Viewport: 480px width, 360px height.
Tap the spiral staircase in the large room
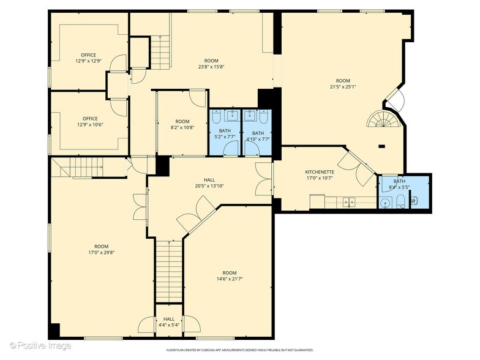click(384, 119)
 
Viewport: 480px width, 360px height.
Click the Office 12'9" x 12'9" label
click(89, 58)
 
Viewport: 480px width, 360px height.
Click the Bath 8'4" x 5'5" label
click(399, 184)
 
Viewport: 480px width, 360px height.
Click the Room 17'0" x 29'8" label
click(102, 250)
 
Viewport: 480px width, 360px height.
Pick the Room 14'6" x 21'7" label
click(229, 276)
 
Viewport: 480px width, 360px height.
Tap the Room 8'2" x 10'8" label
click(182, 125)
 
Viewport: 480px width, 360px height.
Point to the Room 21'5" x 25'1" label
click(343, 84)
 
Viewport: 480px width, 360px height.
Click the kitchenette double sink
click(349, 201)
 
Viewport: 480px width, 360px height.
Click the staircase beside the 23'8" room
click(160, 53)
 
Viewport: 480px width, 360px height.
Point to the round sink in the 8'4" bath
click(386, 202)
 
